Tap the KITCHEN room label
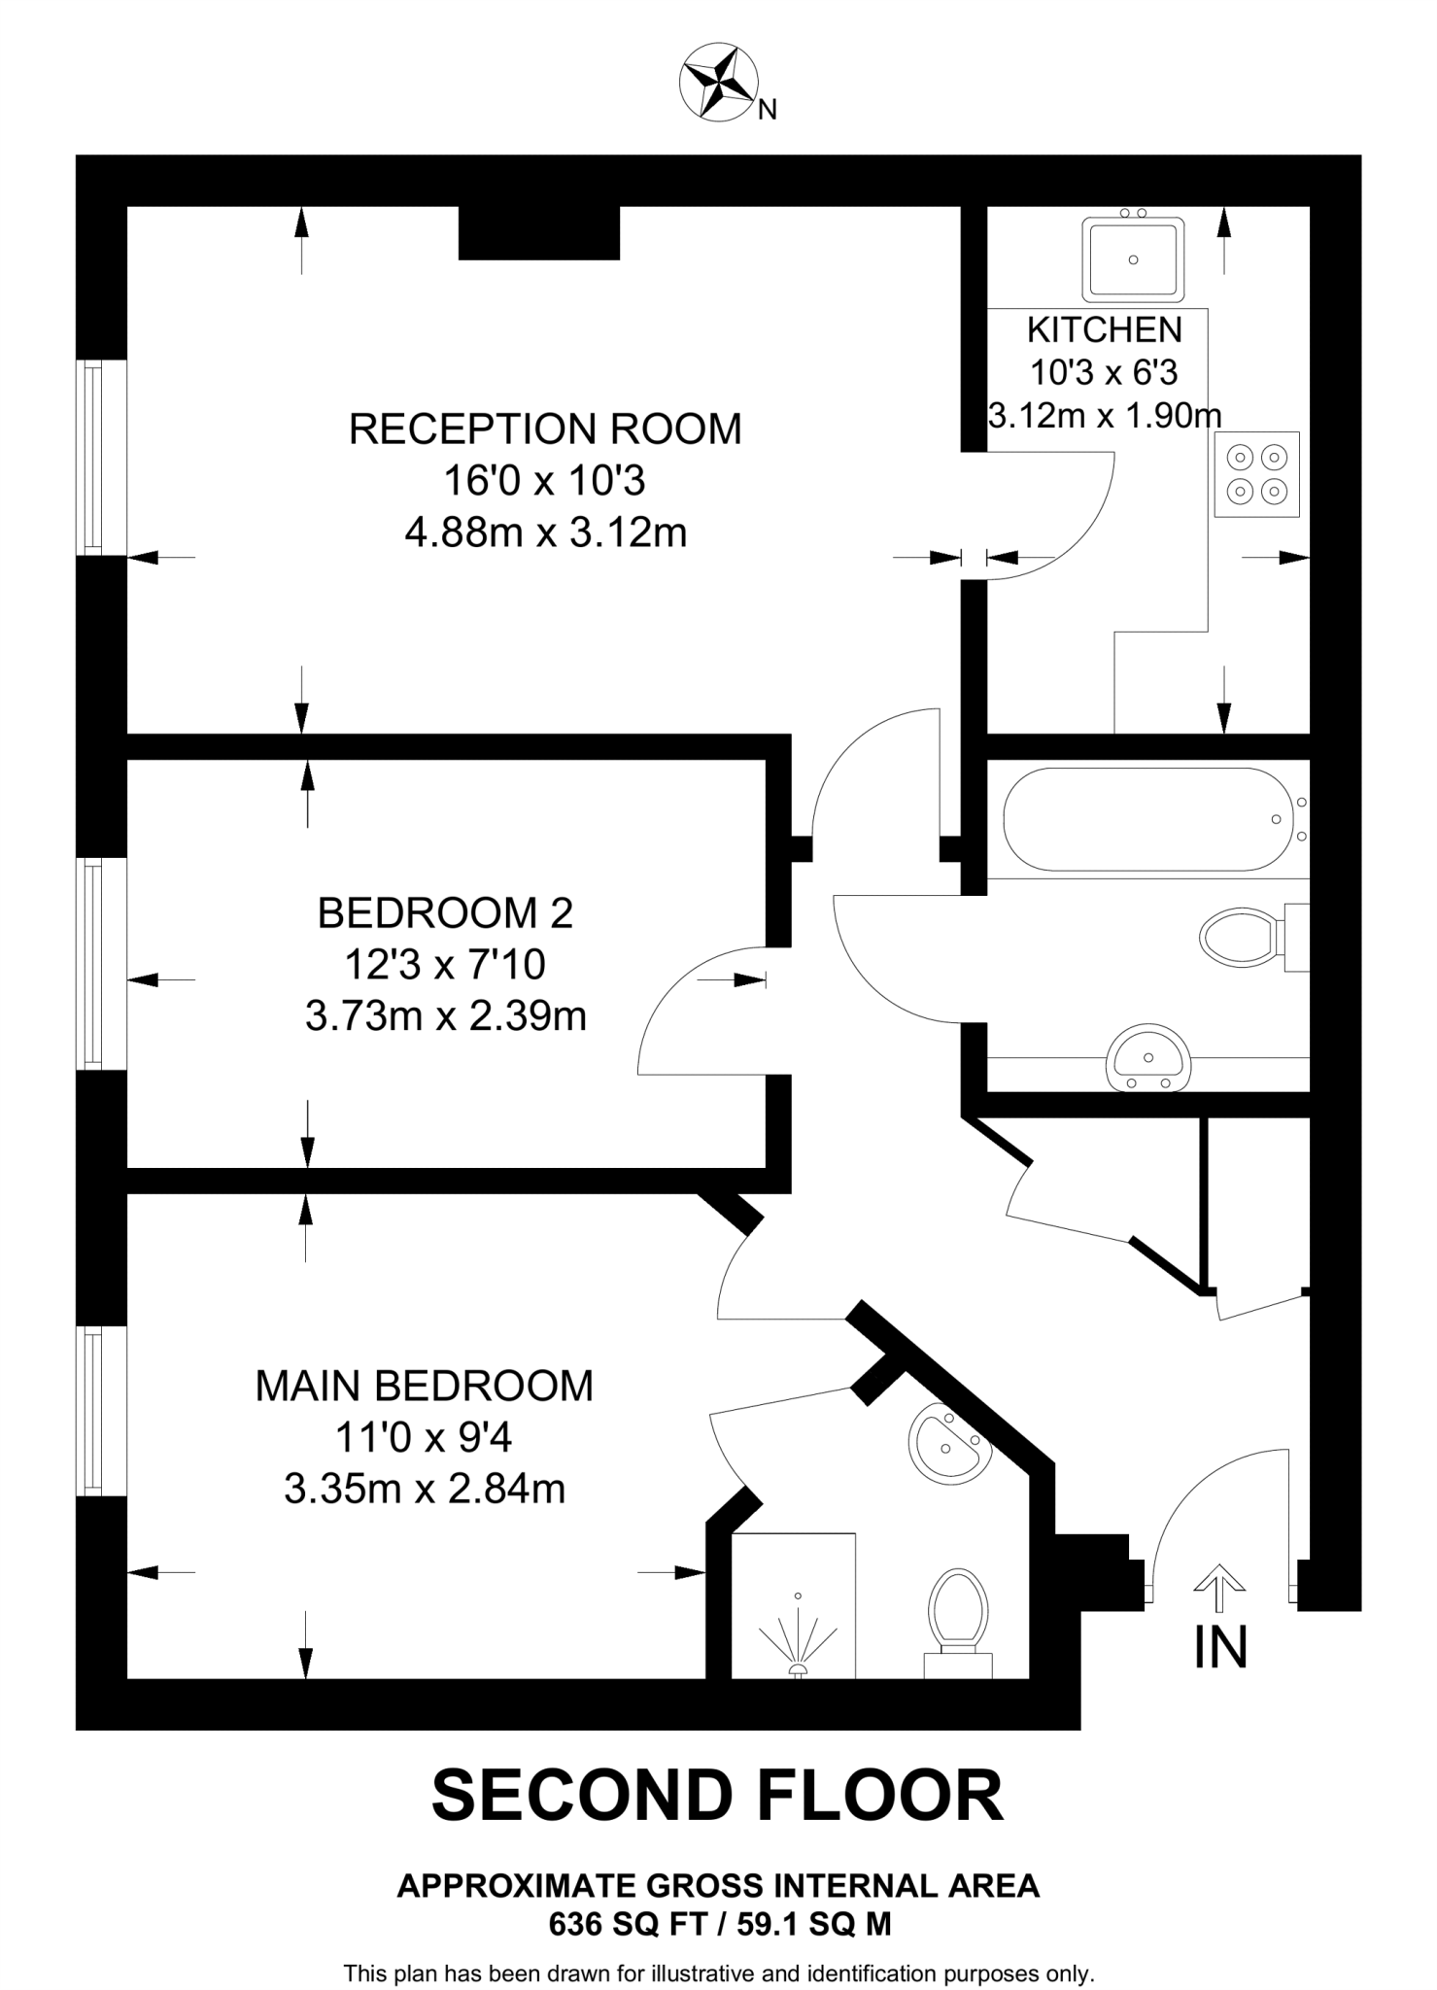tap(1104, 330)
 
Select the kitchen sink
tap(1134, 259)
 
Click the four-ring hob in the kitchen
tap(1256, 473)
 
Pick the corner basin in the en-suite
tap(947, 1443)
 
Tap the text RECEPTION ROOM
tap(545, 429)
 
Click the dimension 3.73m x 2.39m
tap(446, 1016)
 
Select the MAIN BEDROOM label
tap(424, 1386)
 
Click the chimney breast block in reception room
tap(538, 233)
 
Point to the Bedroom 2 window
tap(94, 963)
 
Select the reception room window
tap(93, 458)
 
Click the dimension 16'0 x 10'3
tap(544, 481)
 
